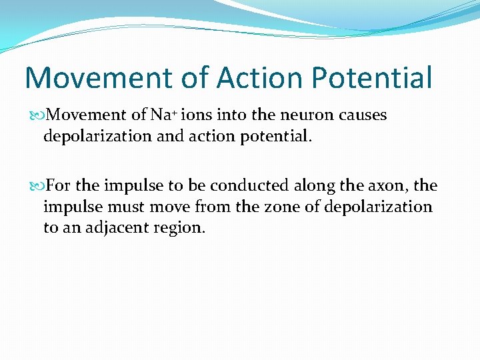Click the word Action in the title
coord(259,77)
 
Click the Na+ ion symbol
coord(164,115)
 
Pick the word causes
coord(363,115)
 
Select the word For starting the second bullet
coord(60,185)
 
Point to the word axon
coord(396,185)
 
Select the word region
coord(181,227)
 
